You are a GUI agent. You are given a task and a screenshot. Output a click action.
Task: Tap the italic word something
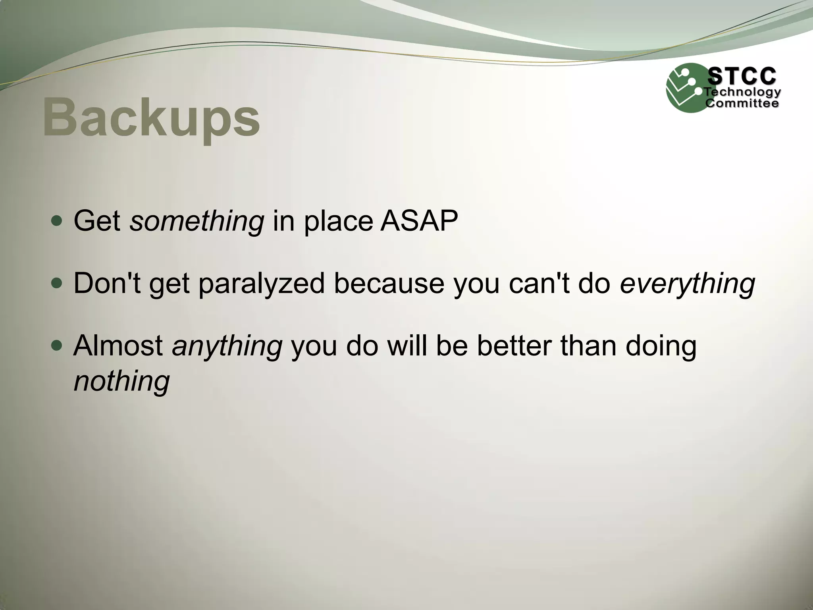(x=197, y=221)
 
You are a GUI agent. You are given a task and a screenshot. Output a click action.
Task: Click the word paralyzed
(x=261, y=284)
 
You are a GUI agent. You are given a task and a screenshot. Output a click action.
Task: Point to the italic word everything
(x=687, y=284)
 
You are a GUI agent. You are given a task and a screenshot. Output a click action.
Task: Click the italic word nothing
(x=122, y=381)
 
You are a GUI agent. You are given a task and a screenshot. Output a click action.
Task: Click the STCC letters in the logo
(x=742, y=76)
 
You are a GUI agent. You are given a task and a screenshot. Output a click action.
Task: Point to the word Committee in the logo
(x=742, y=104)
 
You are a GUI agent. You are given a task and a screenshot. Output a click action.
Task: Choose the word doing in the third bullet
(x=661, y=346)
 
